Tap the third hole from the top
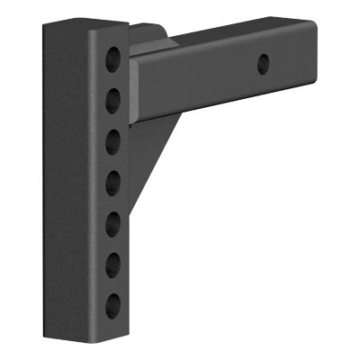coord(113,140)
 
